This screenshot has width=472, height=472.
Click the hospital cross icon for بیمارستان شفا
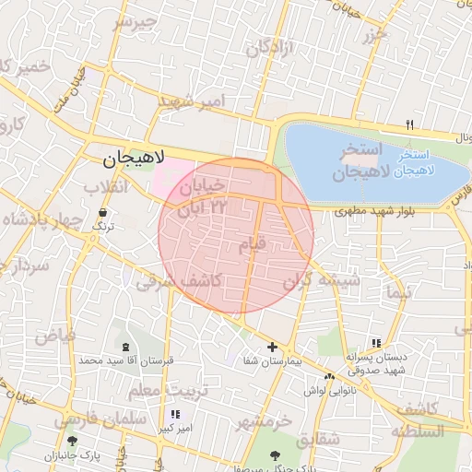(271, 348)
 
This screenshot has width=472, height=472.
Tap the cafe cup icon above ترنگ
(100, 212)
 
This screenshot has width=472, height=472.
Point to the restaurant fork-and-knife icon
(410, 125)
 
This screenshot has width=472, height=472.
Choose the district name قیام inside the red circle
(254, 244)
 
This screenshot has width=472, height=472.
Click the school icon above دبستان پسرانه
(374, 341)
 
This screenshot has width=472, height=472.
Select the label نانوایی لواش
(328, 391)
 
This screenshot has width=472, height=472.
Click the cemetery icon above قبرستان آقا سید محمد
(124, 346)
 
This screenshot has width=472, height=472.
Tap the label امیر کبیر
(173, 429)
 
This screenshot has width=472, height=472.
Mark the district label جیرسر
(136, 22)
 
